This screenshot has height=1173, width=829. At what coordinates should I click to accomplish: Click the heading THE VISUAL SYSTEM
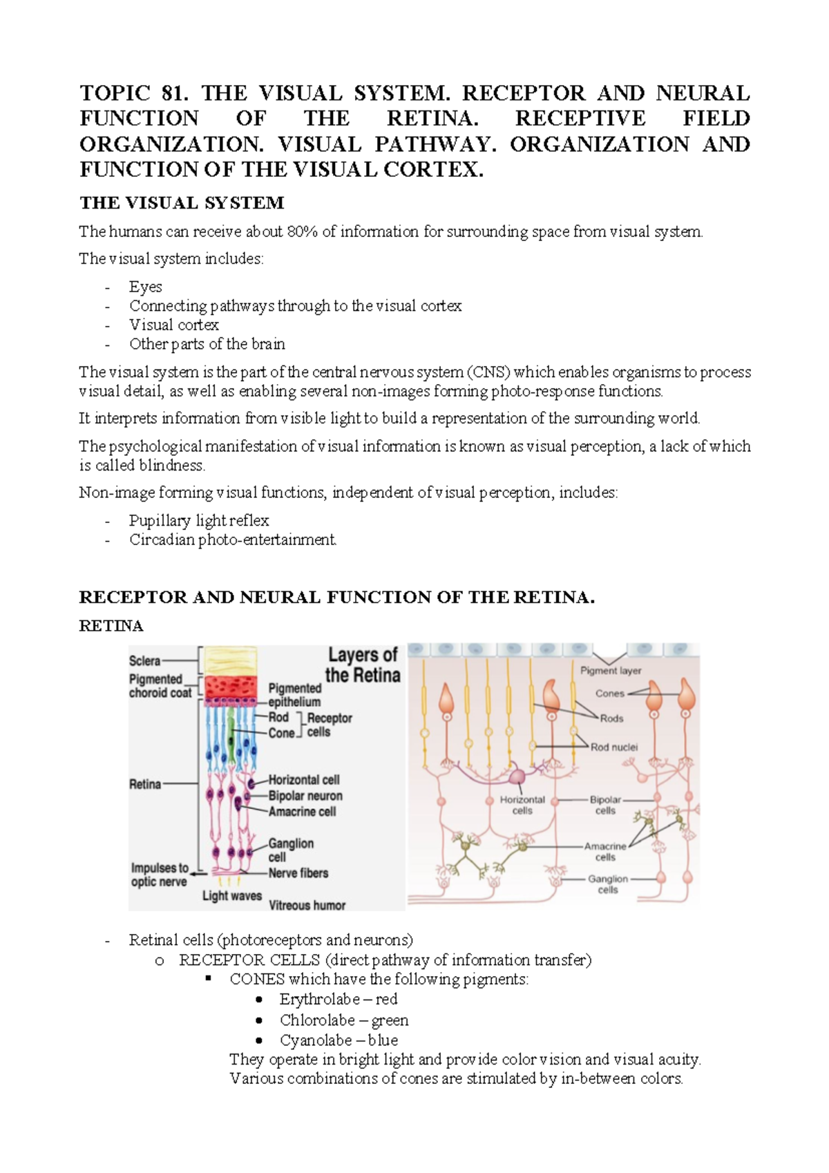point(182,202)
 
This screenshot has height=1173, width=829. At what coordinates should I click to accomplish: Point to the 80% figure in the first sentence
point(302,231)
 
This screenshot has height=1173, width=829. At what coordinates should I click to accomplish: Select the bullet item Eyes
point(146,287)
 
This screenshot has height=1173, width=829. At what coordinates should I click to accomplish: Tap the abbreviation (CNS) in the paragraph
point(488,372)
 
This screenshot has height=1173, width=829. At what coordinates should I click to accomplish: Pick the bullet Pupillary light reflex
point(199,521)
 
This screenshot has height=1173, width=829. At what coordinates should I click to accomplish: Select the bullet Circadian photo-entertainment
point(233,540)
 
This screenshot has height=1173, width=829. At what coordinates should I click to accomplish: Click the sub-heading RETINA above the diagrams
point(111,626)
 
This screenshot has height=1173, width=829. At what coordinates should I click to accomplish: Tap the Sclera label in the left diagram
point(144,661)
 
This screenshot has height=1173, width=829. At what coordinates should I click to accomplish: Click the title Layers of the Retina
point(363,665)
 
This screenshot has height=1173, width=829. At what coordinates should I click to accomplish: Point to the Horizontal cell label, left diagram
point(304,780)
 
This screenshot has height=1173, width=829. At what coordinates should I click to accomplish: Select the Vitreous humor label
point(307,905)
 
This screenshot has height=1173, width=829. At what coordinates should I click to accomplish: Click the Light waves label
point(232,896)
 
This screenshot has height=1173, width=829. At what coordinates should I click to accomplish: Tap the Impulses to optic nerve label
point(160,875)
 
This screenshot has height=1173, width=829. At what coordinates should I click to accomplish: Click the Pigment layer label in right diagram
point(611,671)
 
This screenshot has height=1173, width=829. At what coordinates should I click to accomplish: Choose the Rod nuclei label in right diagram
point(614,747)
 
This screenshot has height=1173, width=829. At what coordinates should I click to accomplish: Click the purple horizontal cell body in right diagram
point(517,777)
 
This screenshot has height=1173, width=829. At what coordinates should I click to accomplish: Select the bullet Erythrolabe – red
point(338,1000)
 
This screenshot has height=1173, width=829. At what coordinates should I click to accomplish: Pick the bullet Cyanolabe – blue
point(339,1040)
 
